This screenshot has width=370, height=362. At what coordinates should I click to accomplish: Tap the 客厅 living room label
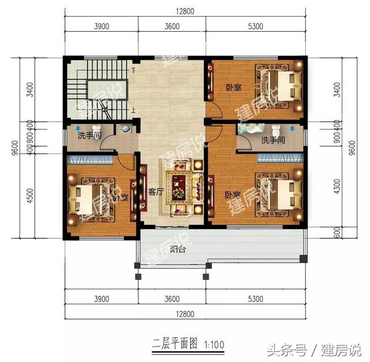pyautogui.click(x=156, y=192)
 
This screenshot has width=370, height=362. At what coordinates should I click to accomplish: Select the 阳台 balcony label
pyautogui.click(x=177, y=250)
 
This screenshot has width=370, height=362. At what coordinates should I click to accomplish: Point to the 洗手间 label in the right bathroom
pyautogui.click(x=272, y=140)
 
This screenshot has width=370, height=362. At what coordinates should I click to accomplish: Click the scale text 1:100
pyautogui.click(x=213, y=345)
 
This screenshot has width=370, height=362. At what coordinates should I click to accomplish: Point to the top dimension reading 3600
pyautogui.click(x=172, y=26)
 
